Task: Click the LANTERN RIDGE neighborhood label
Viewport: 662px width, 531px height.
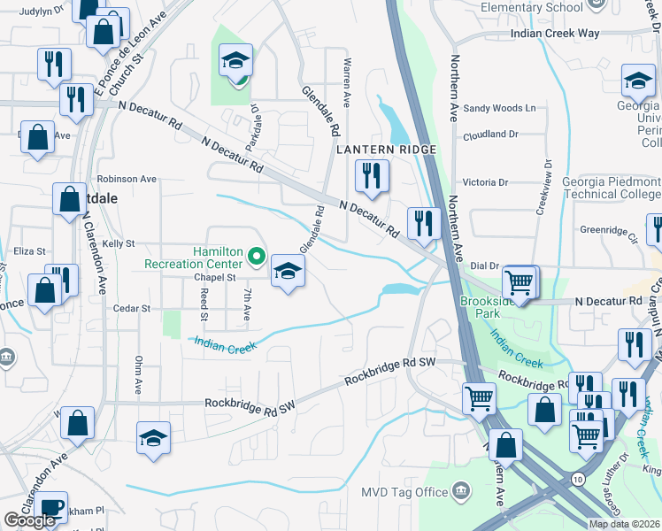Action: tap(386, 150)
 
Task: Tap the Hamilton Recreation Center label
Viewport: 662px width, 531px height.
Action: tap(193, 258)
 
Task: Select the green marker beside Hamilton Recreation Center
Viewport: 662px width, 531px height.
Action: tap(257, 258)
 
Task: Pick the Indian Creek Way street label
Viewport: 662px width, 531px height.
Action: tap(555, 34)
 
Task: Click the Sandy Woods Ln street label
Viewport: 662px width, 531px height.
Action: tap(501, 108)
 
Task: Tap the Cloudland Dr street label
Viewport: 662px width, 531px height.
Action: tap(490, 135)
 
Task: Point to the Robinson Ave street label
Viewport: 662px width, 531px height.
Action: tap(127, 179)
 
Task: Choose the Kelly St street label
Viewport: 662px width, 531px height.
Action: tap(118, 243)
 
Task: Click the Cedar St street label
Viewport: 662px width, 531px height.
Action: tap(132, 309)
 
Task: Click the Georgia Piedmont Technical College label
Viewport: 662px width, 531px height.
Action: tap(612, 188)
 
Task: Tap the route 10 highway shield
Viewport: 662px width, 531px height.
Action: tap(578, 479)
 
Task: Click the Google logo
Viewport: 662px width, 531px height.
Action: tap(29, 521)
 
